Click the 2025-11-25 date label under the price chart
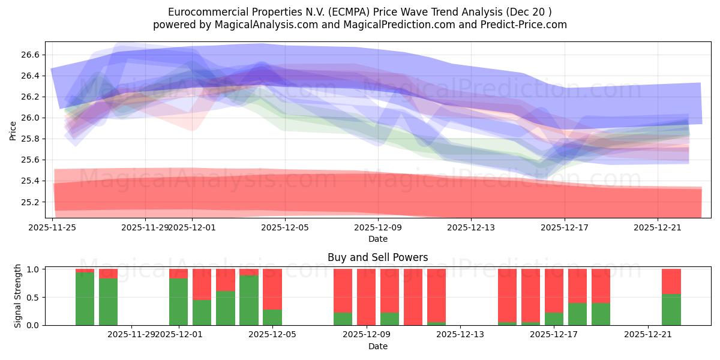point(53,227)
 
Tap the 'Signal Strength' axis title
point(18,296)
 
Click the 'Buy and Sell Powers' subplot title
point(377,257)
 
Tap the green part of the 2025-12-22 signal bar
point(671,310)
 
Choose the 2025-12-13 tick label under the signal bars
point(460,334)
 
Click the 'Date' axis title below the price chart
point(377,239)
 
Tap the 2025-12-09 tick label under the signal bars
point(366,334)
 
